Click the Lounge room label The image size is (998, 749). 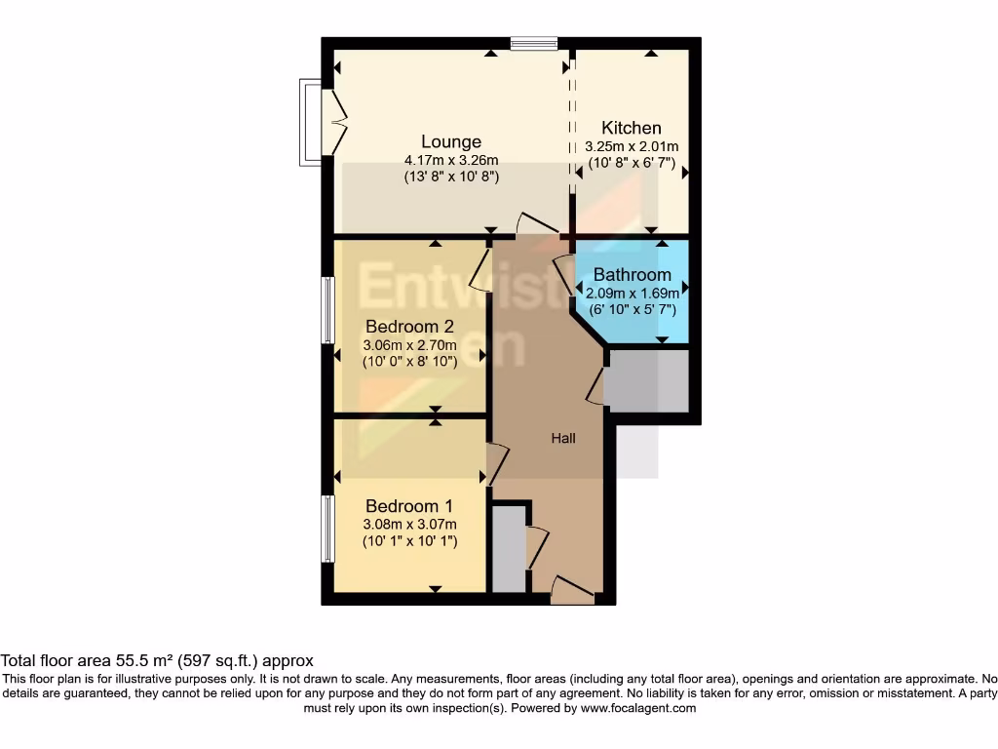tap(451, 142)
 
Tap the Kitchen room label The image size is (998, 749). tap(632, 128)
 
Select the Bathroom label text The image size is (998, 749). tap(632, 275)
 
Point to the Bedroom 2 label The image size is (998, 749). tap(409, 327)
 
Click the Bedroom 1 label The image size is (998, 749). tap(409, 506)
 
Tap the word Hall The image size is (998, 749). tap(563, 439)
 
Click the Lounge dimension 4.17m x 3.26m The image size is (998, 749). tap(451, 161)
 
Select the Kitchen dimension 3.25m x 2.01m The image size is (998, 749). tap(632, 146)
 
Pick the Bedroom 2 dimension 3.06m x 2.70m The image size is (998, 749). tap(409, 345)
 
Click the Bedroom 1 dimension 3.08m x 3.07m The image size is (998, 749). tap(409, 525)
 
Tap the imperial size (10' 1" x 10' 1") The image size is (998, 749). tap(409, 541)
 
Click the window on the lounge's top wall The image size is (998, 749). tap(534, 43)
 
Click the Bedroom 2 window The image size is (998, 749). tap(328, 310)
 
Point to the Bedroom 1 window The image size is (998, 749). tap(328, 528)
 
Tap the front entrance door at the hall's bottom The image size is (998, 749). tap(572, 591)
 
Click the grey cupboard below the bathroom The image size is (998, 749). tap(647, 380)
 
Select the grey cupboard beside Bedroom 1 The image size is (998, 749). tap(508, 548)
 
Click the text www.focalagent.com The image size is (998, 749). tap(637, 709)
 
